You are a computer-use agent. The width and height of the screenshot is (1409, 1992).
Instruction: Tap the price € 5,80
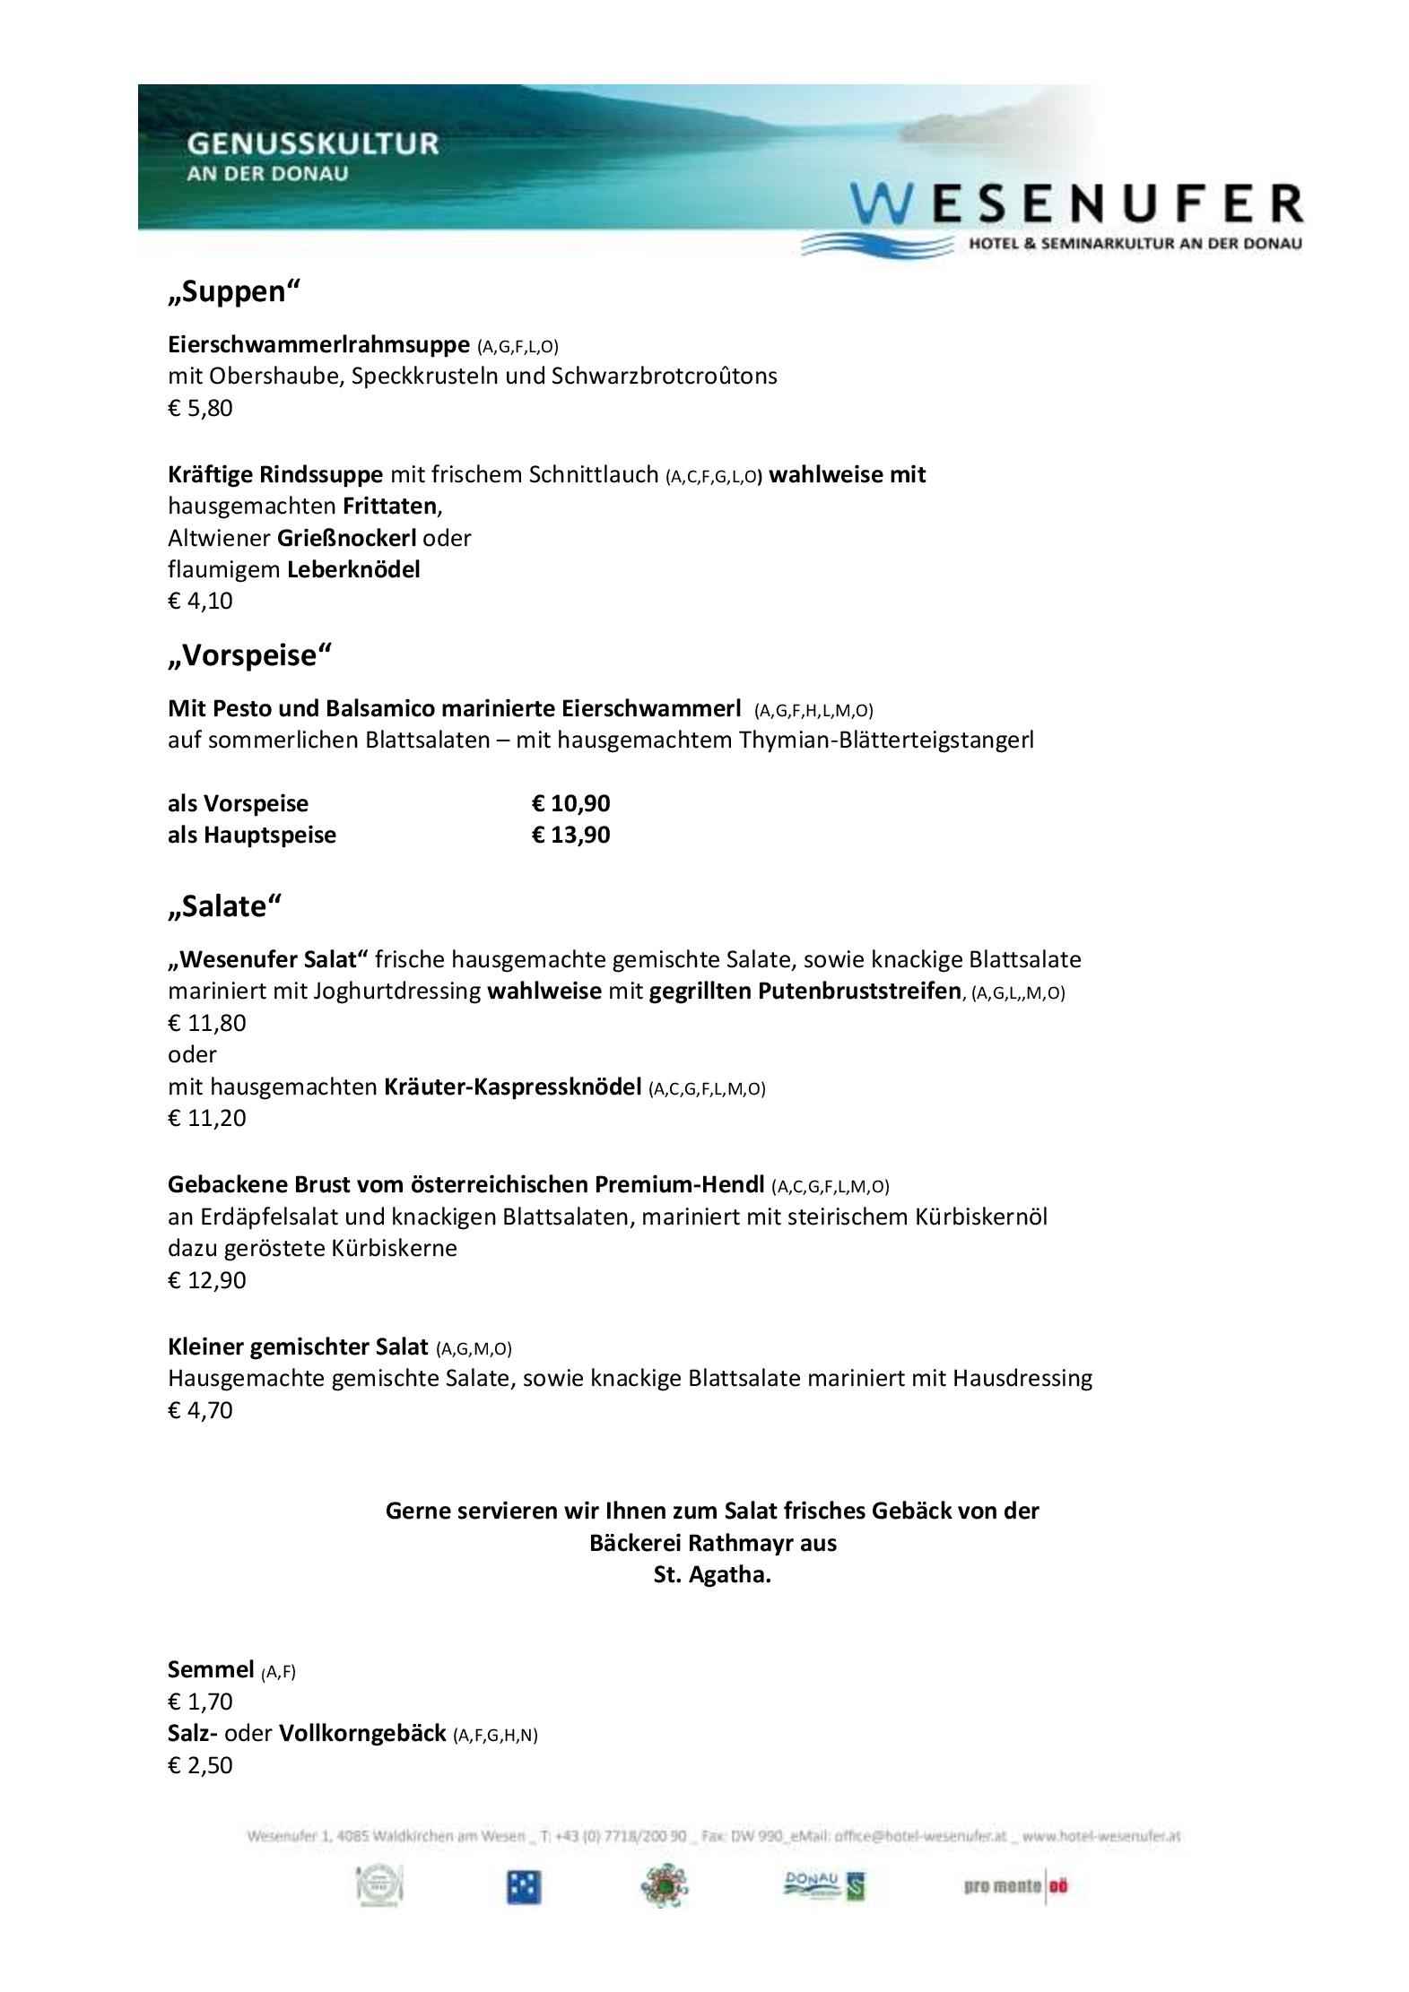pyautogui.click(x=200, y=409)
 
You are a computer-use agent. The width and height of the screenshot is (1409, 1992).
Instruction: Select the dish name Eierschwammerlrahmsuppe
pyautogui.click(x=318, y=344)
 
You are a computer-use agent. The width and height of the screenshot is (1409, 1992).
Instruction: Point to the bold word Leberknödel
pyautogui.click(x=353, y=569)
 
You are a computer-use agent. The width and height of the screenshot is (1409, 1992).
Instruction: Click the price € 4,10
pyautogui.click(x=200, y=601)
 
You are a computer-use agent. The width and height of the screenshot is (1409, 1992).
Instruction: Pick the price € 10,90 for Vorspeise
pyautogui.click(x=570, y=803)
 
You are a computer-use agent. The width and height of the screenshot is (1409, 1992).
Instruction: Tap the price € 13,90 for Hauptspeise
pyautogui.click(x=570, y=835)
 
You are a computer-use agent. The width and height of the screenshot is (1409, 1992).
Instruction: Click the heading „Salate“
pyautogui.click(x=224, y=907)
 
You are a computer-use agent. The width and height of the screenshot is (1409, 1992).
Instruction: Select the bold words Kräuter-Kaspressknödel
pyautogui.click(x=513, y=1087)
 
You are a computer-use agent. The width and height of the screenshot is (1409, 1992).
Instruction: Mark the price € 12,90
pyautogui.click(x=206, y=1280)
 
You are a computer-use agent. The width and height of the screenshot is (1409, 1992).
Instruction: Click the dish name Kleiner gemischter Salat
pyautogui.click(x=298, y=1347)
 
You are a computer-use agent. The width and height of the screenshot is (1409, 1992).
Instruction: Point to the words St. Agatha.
pyautogui.click(x=712, y=1574)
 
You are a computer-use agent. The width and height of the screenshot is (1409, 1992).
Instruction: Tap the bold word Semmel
pyautogui.click(x=211, y=1669)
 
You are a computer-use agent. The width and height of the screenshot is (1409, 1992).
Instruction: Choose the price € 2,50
pyautogui.click(x=200, y=1765)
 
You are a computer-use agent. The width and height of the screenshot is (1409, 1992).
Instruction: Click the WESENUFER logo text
pyautogui.click(x=1076, y=204)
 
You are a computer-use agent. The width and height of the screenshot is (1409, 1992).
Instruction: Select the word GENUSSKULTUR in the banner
pyautogui.click(x=313, y=143)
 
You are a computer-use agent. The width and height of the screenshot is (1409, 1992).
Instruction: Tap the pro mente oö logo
pyautogui.click(x=1016, y=1886)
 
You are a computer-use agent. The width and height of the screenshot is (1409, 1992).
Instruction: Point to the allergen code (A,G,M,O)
pyautogui.click(x=474, y=1348)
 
